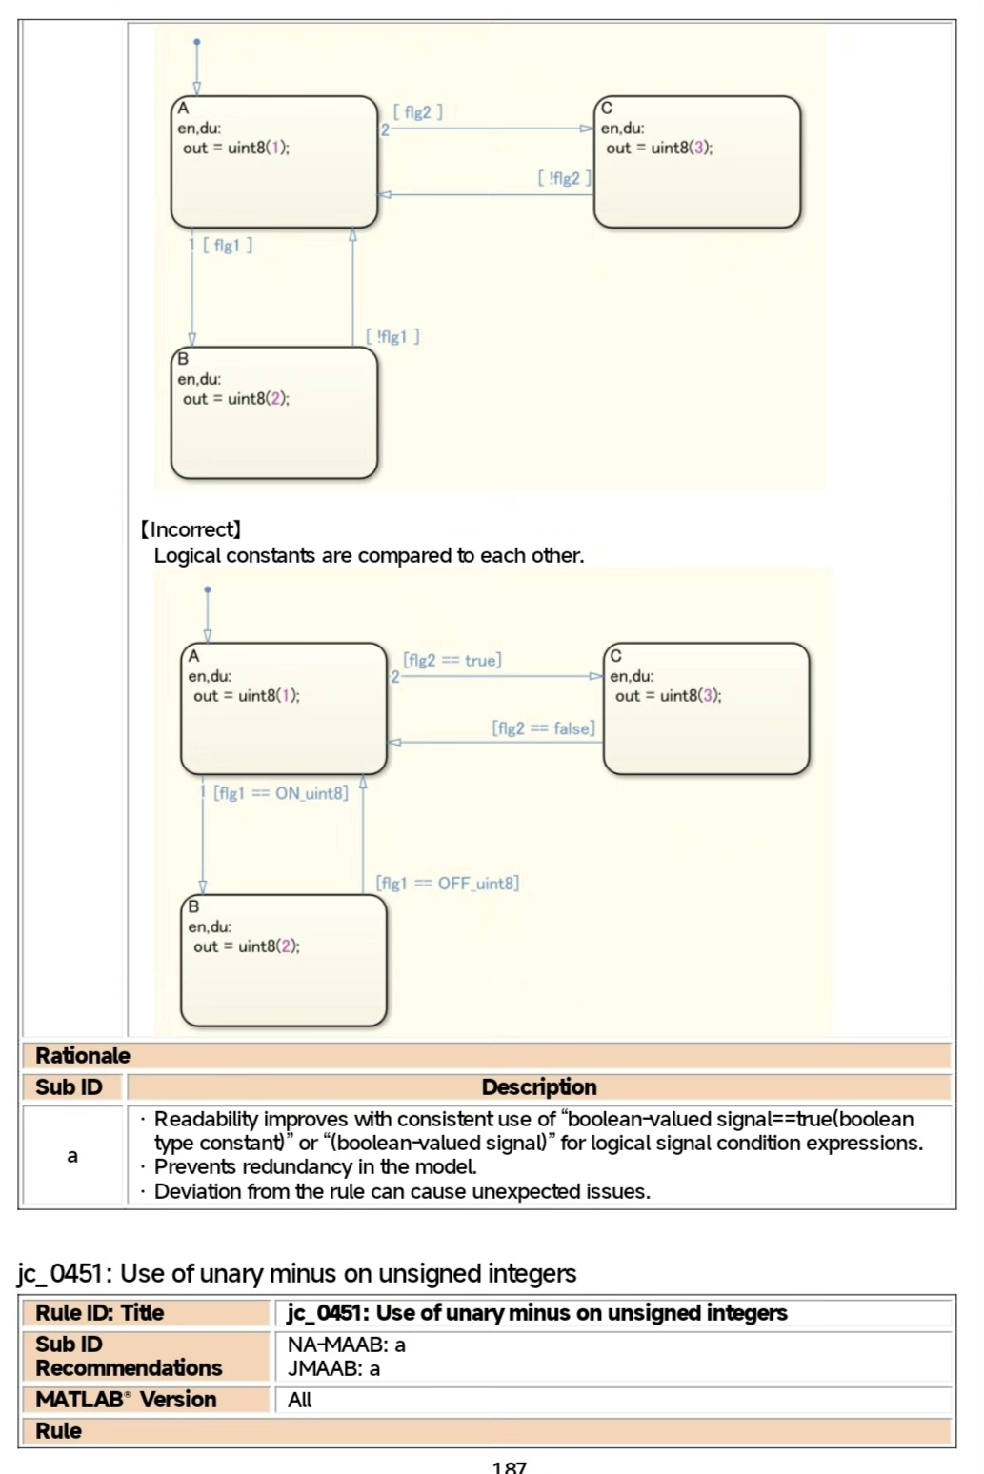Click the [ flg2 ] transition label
click(418, 112)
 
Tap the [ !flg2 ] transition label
click(565, 178)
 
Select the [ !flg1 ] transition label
click(392, 336)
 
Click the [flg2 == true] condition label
click(452, 660)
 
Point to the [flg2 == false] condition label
click(544, 728)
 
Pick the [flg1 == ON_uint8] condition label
click(281, 793)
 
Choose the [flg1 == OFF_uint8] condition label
click(448, 884)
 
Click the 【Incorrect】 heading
click(191, 529)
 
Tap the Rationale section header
click(83, 1055)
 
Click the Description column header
click(539, 1086)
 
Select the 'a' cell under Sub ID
click(72, 1156)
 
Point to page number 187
click(509, 1466)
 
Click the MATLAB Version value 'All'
click(299, 1400)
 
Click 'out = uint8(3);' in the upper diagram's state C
click(659, 148)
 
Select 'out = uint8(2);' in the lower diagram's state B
click(247, 946)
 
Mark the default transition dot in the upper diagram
click(197, 42)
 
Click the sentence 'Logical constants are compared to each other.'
click(370, 555)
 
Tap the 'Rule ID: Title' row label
click(100, 1312)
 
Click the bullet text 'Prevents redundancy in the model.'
click(315, 1166)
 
